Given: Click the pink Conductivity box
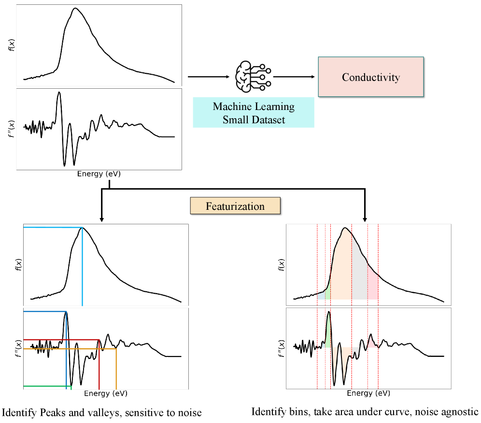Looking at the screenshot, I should [x=371, y=77].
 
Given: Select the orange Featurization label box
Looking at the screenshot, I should [x=235, y=206].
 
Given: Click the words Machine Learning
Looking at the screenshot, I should [x=254, y=106].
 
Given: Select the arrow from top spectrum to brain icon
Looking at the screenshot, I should [x=208, y=77].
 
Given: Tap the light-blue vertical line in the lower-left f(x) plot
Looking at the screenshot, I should [x=83, y=270].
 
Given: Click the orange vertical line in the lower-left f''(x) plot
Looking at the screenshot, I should [x=116, y=369].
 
